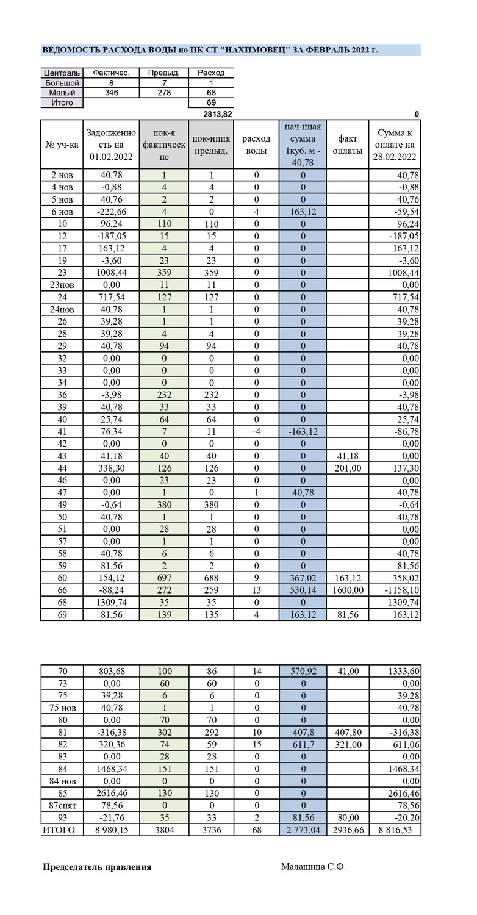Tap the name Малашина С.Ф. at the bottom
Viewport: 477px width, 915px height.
pos(313,866)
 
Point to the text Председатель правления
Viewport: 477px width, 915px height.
pos(97,867)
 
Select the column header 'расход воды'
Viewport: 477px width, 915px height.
pos(256,145)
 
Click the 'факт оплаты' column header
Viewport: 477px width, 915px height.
pos(348,145)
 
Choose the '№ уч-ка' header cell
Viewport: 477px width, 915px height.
pos(62,145)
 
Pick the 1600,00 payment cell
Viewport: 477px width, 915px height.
pos(348,590)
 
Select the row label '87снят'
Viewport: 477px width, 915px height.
pos(62,805)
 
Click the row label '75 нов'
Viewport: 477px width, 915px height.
pos(62,708)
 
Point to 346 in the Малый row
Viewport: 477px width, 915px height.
pos(111,93)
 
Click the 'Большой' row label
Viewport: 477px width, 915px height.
pos(62,83)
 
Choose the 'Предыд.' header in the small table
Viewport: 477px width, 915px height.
pos(163,73)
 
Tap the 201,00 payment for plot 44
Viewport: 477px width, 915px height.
pos(348,468)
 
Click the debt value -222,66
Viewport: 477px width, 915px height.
pos(110,212)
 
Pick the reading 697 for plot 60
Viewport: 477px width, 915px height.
pos(163,578)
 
